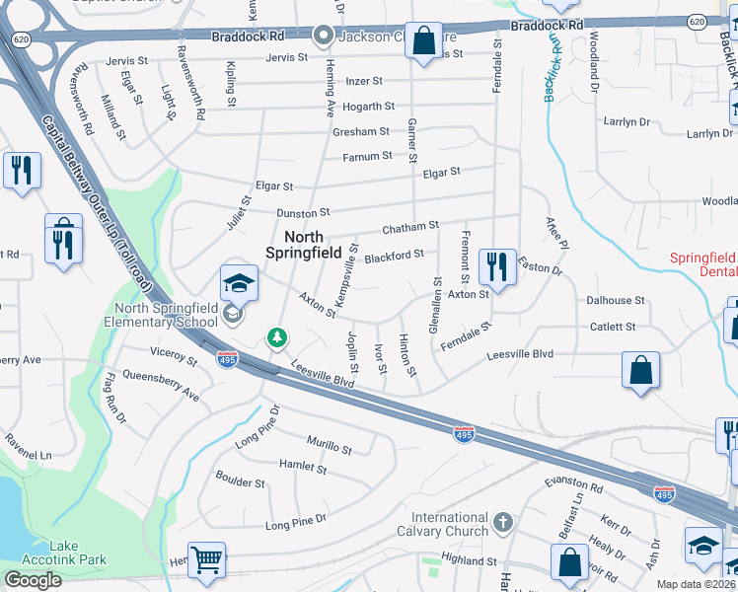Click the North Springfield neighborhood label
click(x=303, y=244)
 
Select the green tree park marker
click(x=278, y=338)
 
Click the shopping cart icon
click(x=207, y=560)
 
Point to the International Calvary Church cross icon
click(x=503, y=520)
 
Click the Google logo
click(x=33, y=580)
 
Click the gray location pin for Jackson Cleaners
click(x=323, y=37)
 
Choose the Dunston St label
click(x=303, y=212)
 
